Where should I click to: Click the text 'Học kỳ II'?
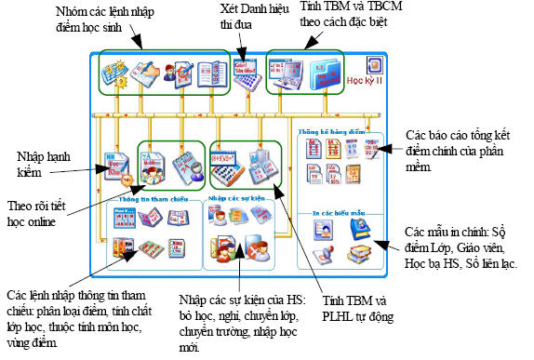pyautogui.click(x=365, y=80)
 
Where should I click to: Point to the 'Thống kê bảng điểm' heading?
pyautogui.click(x=327, y=134)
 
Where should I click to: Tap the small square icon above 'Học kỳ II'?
pyautogui.click(x=373, y=64)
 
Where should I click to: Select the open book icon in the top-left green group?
pyautogui.click(x=209, y=75)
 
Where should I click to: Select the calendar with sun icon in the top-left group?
pyautogui.click(x=118, y=75)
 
